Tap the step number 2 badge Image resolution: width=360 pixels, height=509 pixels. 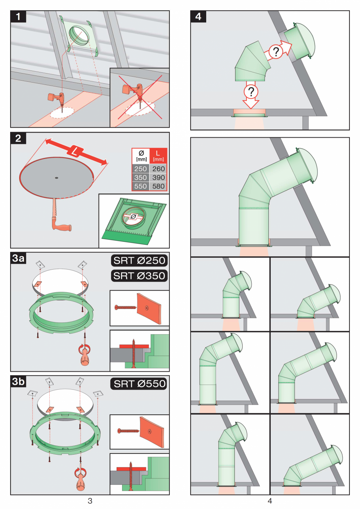18,139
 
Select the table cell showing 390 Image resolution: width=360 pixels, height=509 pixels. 158,178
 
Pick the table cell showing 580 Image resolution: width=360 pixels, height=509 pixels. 158,186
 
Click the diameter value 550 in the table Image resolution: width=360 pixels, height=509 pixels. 141,186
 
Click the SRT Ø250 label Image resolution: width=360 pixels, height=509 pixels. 139,261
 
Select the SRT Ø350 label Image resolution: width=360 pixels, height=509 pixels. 139,275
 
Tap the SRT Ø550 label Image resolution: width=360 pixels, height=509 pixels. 139,384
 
